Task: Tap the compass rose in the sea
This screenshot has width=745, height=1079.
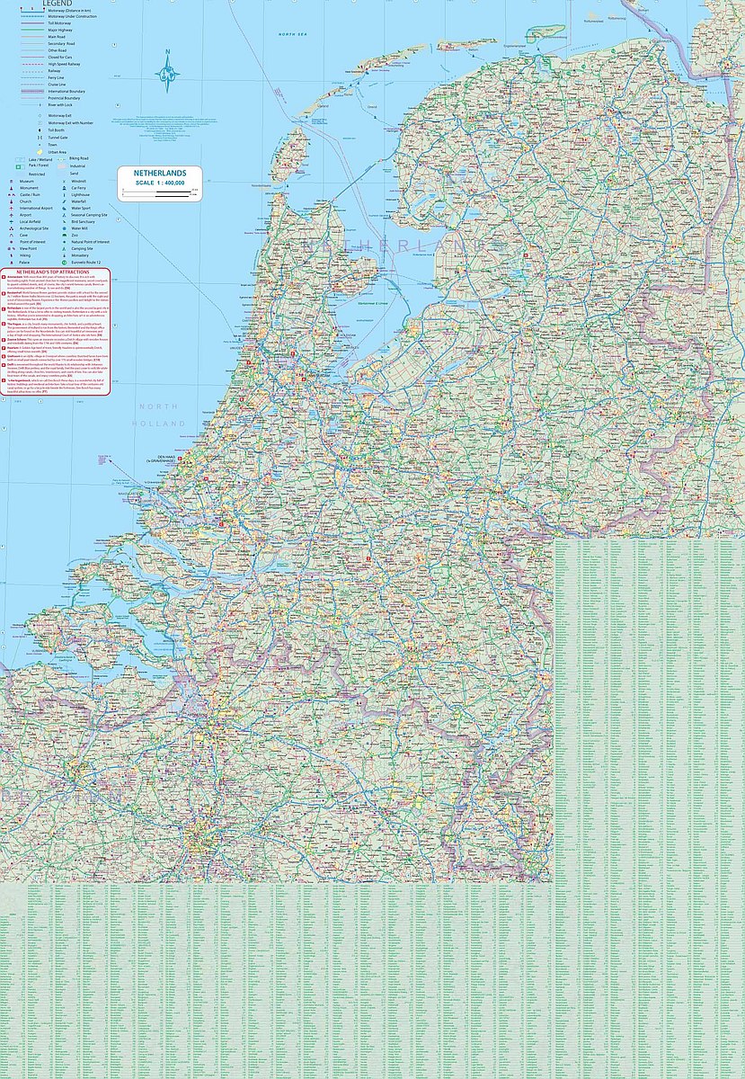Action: click(x=167, y=75)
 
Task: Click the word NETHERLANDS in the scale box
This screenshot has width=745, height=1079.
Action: click(x=158, y=173)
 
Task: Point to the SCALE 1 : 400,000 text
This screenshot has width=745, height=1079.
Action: click(x=159, y=183)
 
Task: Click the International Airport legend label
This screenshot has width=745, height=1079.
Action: click(x=40, y=208)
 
